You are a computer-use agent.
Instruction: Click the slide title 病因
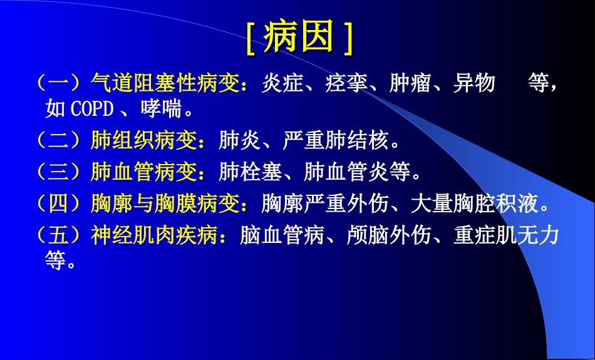point(298,38)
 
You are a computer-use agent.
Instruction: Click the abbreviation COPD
point(92,110)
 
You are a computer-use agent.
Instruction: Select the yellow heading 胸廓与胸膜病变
point(169,203)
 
